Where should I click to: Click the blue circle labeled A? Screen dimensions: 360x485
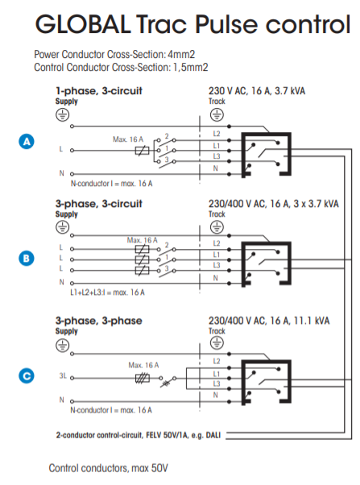27,141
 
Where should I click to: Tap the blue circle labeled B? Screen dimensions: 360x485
27,259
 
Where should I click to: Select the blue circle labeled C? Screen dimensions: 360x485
27,375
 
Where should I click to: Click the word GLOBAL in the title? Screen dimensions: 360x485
83,24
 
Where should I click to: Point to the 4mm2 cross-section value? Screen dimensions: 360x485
181,55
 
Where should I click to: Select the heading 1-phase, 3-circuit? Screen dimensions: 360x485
99,91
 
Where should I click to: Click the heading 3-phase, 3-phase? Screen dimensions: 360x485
99,321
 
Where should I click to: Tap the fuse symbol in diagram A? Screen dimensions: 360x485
142,151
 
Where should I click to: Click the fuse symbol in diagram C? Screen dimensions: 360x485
143,378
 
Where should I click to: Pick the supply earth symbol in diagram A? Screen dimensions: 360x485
62,115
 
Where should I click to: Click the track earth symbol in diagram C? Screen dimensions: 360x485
217,342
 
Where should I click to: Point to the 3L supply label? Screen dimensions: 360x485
63,375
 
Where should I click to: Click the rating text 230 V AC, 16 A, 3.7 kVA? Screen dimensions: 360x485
257,91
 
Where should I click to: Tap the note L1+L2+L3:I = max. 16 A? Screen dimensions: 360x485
107,292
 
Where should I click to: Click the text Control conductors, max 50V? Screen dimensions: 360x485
108,468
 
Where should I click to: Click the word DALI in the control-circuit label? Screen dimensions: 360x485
213,435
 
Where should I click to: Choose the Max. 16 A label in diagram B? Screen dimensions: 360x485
143,240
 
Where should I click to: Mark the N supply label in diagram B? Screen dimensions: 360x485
62,282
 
